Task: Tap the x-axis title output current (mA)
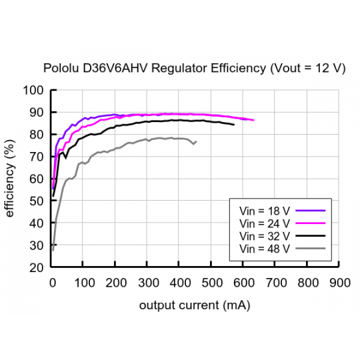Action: coord(195,305)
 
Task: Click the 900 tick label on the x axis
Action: coord(340,282)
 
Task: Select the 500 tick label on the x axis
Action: coord(212,282)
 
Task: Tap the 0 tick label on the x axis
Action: coord(52,282)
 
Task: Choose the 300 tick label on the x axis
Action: coord(148,282)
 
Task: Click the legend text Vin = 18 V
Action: coord(265,210)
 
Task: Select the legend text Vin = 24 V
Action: coord(265,223)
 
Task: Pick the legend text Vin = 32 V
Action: coord(265,235)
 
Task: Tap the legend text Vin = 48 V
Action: coord(265,248)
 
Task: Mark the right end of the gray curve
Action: coord(196,141)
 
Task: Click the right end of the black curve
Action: coord(234,125)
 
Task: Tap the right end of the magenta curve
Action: coord(254,120)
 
